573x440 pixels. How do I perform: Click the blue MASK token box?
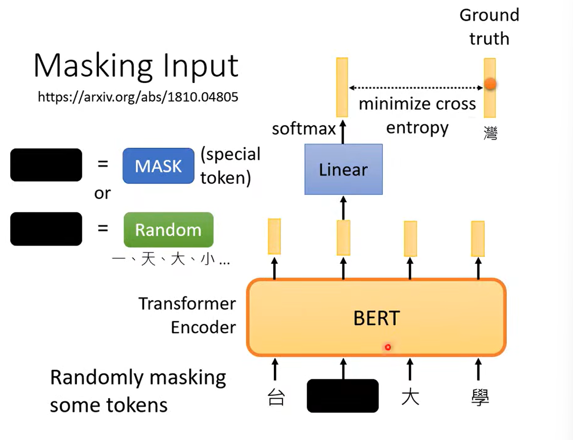(x=158, y=165)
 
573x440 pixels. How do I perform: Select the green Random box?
(x=168, y=230)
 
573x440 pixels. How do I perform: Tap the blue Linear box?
(x=343, y=169)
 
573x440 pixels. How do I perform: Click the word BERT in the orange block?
(x=376, y=318)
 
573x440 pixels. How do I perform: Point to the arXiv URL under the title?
(x=138, y=97)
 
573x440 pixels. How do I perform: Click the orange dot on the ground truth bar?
(x=490, y=84)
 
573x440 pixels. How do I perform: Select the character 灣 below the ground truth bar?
(x=490, y=134)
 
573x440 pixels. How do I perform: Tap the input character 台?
(x=275, y=397)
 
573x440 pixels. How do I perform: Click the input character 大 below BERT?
(x=410, y=397)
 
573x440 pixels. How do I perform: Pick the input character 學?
(x=478, y=397)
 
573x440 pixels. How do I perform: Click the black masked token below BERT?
(x=343, y=395)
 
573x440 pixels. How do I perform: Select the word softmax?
(x=304, y=128)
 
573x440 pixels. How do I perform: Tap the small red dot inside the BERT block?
(x=388, y=347)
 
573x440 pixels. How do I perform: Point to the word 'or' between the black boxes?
(x=102, y=193)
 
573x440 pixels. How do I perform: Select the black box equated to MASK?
(x=46, y=165)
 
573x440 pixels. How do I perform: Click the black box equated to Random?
(x=46, y=229)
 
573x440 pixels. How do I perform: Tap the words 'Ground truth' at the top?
(x=489, y=26)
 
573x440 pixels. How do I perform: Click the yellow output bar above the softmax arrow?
(x=342, y=87)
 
